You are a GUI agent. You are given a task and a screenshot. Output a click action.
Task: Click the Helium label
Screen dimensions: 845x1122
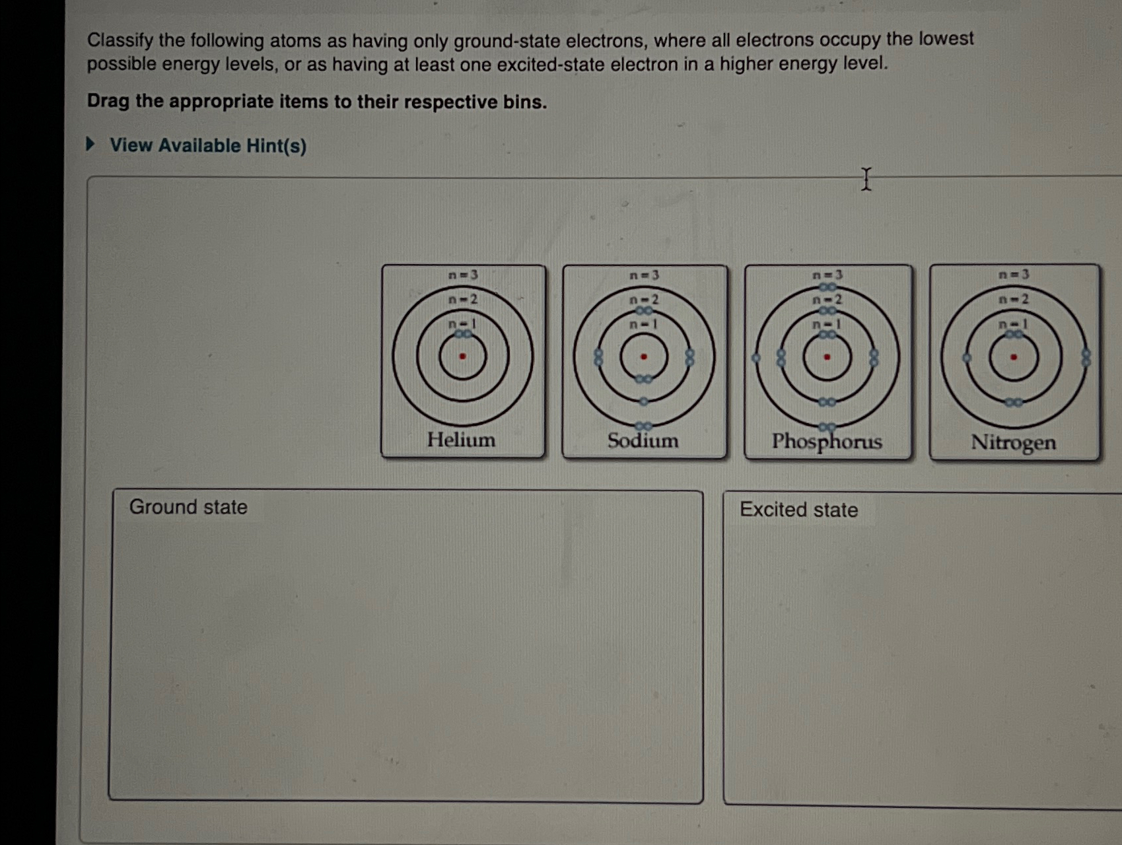(x=460, y=440)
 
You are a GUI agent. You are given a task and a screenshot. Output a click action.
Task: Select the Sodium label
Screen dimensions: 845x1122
(x=643, y=440)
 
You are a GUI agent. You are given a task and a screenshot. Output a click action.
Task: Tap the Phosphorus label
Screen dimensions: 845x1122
(x=827, y=441)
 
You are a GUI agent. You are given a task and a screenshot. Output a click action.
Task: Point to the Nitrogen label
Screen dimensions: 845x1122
(x=1013, y=442)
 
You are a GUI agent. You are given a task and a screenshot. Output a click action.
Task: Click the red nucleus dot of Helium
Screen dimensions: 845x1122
(x=462, y=356)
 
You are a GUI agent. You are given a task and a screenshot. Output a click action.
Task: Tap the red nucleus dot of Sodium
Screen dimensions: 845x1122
(x=644, y=357)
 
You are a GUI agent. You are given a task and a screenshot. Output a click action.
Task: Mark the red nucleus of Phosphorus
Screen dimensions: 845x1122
(x=827, y=357)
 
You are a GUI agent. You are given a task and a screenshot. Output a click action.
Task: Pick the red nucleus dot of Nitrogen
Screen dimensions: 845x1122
(x=1014, y=358)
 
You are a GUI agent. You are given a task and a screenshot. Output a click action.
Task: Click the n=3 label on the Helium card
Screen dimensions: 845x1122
(x=462, y=275)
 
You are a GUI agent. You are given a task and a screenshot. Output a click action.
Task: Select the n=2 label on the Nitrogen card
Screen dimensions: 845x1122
(x=1014, y=299)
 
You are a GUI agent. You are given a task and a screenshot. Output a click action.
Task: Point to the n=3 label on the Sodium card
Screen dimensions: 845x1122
(x=644, y=275)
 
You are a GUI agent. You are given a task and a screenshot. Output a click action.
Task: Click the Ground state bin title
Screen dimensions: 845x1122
(x=188, y=507)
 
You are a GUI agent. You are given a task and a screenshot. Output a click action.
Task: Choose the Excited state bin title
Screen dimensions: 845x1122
(x=798, y=510)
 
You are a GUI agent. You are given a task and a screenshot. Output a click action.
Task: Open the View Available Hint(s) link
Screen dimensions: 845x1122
(x=207, y=145)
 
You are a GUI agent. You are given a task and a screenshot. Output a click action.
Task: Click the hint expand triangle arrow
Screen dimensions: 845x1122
(x=91, y=144)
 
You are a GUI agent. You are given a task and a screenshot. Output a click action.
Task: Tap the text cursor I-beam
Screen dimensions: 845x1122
(x=866, y=179)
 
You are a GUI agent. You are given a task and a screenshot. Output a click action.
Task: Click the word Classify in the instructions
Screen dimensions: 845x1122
(x=120, y=40)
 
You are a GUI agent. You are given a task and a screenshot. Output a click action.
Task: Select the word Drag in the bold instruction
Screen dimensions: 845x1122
(x=108, y=101)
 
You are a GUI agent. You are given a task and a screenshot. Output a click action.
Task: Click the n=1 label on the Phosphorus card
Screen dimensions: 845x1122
(x=827, y=324)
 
